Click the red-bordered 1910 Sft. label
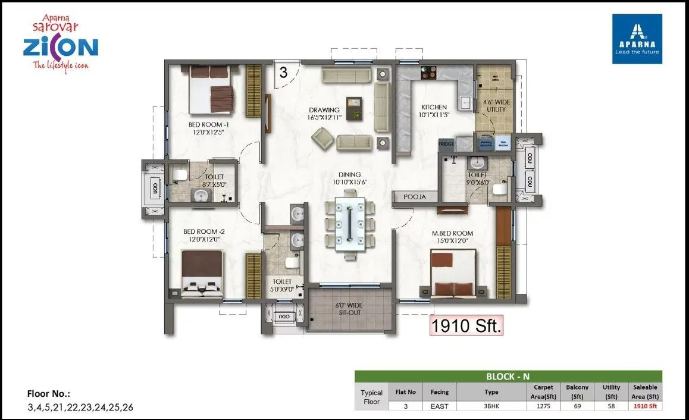click(466, 325)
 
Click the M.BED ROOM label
click(452, 236)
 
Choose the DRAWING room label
click(324, 114)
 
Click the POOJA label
click(415, 196)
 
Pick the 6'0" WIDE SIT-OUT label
click(349, 309)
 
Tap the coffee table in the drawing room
click(355, 108)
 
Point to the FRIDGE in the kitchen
click(446, 144)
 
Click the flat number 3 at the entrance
click(283, 73)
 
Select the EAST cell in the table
click(440, 406)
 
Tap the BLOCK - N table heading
click(508, 376)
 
